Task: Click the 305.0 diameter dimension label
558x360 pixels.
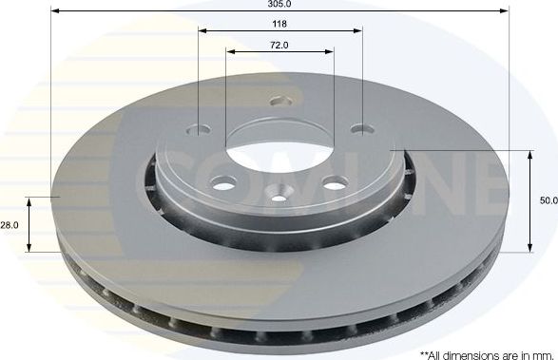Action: click(279, 4)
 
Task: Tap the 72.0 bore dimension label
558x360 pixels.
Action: click(279, 44)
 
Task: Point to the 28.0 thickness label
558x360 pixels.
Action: click(10, 225)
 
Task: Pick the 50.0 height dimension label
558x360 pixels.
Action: click(548, 200)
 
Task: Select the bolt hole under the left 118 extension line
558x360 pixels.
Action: click(199, 131)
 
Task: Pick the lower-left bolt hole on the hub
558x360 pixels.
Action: click(223, 183)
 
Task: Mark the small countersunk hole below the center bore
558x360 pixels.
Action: click(279, 198)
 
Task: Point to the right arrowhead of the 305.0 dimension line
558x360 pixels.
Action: click(506, 11)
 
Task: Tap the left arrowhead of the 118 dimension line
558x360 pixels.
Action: click(202, 30)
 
